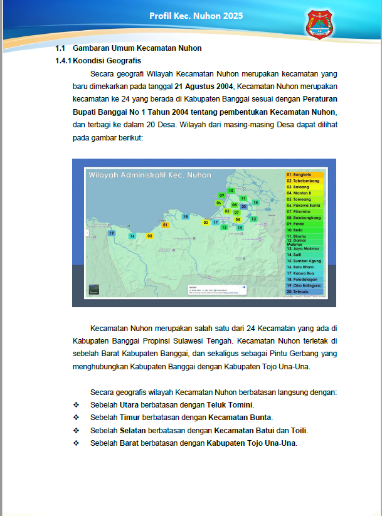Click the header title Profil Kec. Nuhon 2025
196,15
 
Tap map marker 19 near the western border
111,233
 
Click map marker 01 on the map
165,224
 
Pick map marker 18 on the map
185,216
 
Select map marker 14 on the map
255,203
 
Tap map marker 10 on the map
231,190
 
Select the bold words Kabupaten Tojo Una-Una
251,443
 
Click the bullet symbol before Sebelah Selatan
77,430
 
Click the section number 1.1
60,48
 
